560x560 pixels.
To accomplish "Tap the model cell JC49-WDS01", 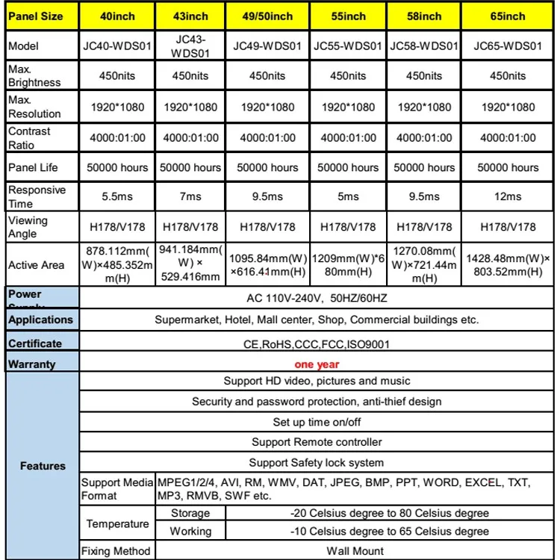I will coord(267,46).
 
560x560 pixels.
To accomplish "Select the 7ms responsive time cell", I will coord(192,196).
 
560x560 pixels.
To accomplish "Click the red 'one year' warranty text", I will coord(317,364).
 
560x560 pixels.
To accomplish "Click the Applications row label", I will coord(40,320).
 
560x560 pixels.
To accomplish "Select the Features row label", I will coord(43,466).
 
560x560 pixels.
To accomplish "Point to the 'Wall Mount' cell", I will coord(355,551).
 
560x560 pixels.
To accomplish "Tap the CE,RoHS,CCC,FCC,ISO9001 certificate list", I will coord(317,344).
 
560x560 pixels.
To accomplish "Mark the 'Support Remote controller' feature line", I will coord(317,442).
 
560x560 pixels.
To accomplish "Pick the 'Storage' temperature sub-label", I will coord(190,513).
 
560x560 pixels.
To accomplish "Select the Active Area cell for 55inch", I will coord(348,264).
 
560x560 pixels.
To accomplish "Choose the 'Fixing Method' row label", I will coord(116,551).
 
